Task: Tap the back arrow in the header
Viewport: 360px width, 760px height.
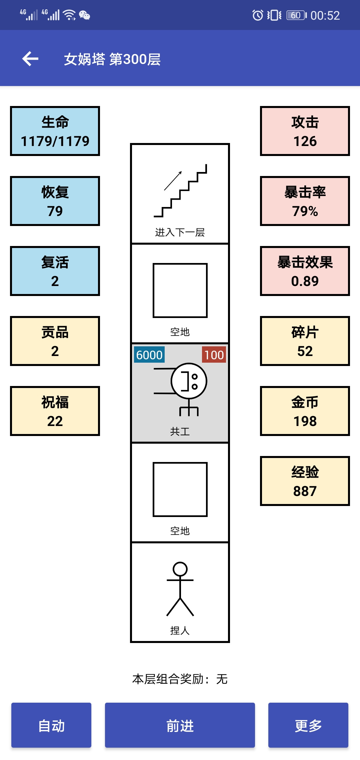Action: tap(30, 59)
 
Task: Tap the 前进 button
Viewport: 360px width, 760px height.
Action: tap(180, 725)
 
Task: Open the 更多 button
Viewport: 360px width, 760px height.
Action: tap(308, 725)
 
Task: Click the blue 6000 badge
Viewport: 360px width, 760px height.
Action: tap(149, 355)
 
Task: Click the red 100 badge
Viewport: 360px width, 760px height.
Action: tap(214, 355)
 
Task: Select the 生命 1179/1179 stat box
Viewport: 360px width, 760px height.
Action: tap(55, 131)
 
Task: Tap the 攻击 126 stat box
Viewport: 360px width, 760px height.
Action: tap(305, 131)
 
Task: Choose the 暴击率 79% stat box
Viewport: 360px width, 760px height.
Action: tap(305, 201)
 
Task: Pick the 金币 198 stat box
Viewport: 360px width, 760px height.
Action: tap(305, 411)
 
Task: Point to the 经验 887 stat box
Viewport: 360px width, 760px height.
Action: tap(305, 481)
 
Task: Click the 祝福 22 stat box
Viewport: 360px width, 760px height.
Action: tap(55, 411)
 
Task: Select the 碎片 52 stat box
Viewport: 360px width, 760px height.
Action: tap(305, 341)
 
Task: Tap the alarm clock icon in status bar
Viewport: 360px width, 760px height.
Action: tap(258, 15)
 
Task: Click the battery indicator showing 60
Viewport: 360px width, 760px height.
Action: tap(296, 15)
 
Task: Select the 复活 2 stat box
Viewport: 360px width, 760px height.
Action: tap(55, 271)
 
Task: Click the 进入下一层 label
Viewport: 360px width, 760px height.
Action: tap(180, 232)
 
